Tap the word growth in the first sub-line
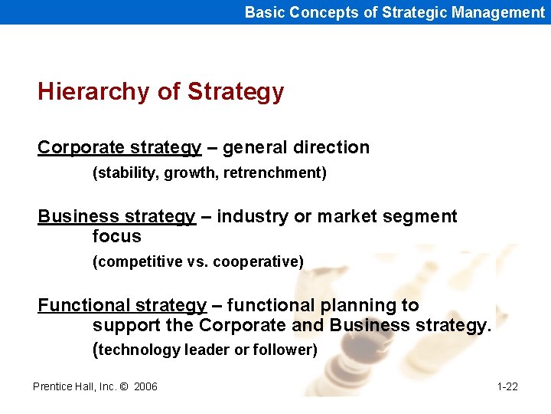[184, 173]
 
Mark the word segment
[422, 217]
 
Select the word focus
[116, 236]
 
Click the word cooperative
[258, 262]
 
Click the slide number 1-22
[507, 386]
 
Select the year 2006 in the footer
[145, 386]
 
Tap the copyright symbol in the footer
[123, 386]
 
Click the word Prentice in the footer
[54, 386]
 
